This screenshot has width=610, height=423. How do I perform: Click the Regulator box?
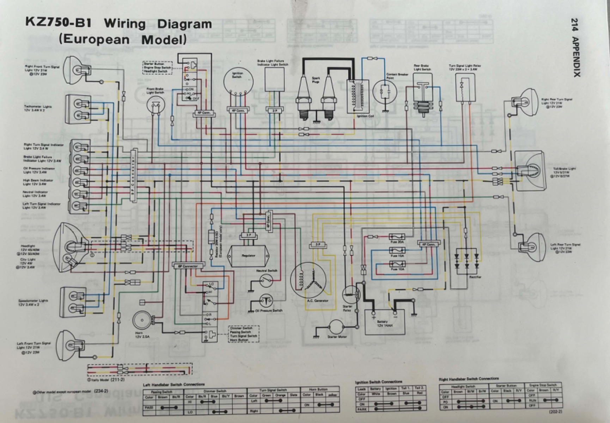click(249, 256)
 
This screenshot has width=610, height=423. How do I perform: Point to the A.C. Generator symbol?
click(308, 281)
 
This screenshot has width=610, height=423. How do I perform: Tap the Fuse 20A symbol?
click(397, 237)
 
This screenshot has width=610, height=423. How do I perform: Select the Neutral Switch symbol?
click(266, 281)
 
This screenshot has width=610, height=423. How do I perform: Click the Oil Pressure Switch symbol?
click(266, 301)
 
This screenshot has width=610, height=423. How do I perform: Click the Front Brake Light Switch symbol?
click(155, 106)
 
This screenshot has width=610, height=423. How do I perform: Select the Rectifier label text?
click(475, 277)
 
